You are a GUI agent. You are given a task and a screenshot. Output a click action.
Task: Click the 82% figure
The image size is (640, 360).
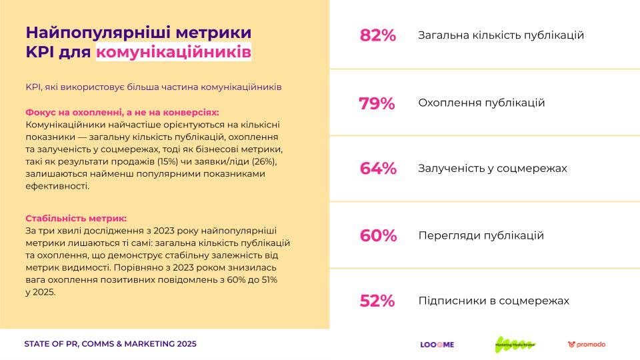coord(377,35)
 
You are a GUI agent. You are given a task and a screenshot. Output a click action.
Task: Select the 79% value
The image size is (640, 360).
coord(377,103)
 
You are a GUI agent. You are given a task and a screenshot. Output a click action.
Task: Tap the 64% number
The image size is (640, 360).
coord(377,169)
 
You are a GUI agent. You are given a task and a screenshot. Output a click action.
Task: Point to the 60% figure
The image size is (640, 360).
coord(377,235)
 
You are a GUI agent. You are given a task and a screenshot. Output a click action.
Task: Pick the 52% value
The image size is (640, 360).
coord(377,301)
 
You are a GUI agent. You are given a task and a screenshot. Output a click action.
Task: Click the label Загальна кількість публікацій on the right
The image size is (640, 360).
coord(501,35)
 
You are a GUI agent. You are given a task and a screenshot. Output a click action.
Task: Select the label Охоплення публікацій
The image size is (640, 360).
coord(481,103)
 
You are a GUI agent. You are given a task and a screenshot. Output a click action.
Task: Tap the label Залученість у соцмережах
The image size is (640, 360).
coord(492,169)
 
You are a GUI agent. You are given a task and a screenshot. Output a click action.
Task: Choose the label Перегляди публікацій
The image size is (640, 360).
coord(481,235)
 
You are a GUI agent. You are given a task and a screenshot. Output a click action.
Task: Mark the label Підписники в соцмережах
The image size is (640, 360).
coord(493,301)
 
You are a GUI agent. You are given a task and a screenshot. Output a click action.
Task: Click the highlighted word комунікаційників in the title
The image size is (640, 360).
coord(174,52)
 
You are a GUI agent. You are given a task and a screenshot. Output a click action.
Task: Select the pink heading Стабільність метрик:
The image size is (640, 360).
coord(75,218)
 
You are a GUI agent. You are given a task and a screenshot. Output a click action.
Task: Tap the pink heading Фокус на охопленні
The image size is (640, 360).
coord(74,113)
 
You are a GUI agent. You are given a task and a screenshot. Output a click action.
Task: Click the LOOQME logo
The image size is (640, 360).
coord(437,345)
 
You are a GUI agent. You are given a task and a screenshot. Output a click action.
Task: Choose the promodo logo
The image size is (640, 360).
coord(587,345)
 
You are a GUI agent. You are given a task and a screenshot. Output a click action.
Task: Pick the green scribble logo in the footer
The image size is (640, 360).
coord(515,344)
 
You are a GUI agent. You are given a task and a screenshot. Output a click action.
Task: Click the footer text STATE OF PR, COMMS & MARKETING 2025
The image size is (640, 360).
coord(110,344)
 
